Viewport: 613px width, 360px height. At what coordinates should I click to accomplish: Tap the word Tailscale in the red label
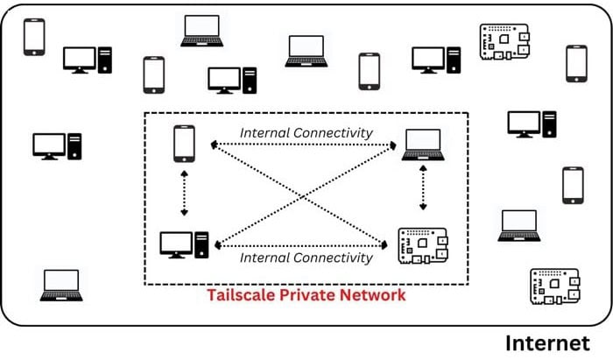pyautogui.click(x=240, y=295)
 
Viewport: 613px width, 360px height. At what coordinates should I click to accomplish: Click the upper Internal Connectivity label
pyautogui.click(x=306, y=133)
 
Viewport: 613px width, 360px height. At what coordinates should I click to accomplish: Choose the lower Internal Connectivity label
pyautogui.click(x=306, y=258)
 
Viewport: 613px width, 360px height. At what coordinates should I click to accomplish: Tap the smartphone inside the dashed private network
pyautogui.click(x=184, y=142)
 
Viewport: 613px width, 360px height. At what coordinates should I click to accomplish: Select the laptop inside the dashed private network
pyautogui.click(x=424, y=145)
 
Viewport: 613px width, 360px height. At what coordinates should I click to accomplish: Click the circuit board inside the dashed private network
pyautogui.click(x=423, y=244)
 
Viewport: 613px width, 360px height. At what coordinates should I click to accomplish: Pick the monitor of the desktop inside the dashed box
pyautogui.click(x=176, y=243)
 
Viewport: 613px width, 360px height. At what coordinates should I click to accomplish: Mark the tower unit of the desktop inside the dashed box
pyautogui.click(x=202, y=244)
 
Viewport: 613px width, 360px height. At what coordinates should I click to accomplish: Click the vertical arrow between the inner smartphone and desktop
pyautogui.click(x=184, y=193)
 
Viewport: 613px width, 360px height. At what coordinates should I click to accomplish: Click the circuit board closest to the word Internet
pyautogui.click(x=553, y=286)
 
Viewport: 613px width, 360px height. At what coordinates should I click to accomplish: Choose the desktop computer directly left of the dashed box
pyautogui.click(x=57, y=145)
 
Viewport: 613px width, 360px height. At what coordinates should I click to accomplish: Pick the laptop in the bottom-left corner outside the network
pyautogui.click(x=61, y=285)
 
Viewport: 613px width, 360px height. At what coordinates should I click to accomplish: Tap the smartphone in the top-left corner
pyautogui.click(x=34, y=37)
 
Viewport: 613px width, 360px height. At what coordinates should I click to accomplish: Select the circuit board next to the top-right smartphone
pyautogui.click(x=503, y=41)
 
